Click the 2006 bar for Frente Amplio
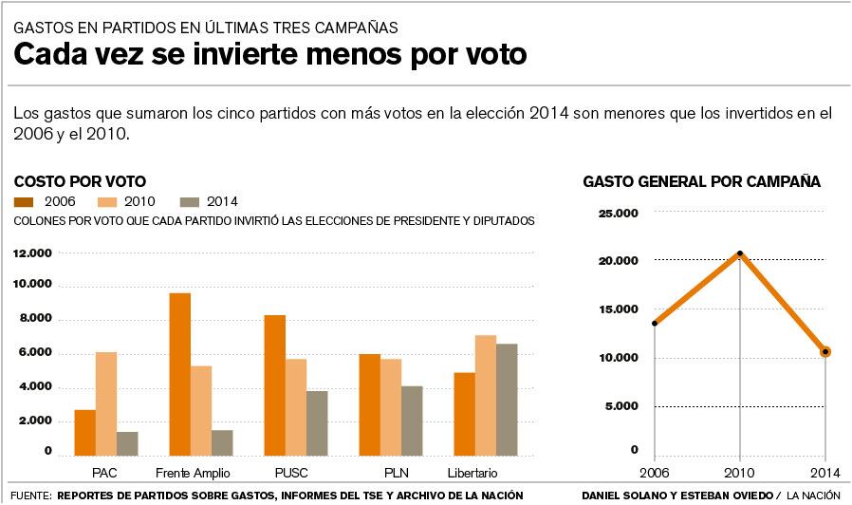click(x=180, y=374)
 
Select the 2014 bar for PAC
click(x=127, y=443)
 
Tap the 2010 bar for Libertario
click(x=485, y=395)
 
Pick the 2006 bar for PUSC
click(x=275, y=384)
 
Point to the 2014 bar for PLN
click(x=411, y=421)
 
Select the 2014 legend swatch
click(x=192, y=201)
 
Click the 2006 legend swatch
click(x=26, y=201)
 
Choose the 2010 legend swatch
click(x=108, y=201)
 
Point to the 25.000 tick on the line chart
click(x=619, y=214)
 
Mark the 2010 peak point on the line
click(x=740, y=253)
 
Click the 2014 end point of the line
click(x=825, y=351)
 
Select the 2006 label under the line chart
click(x=655, y=472)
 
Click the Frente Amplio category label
click(x=192, y=473)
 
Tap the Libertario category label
click(x=472, y=473)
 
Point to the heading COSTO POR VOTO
click(x=80, y=181)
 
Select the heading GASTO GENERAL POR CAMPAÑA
click(x=701, y=181)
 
